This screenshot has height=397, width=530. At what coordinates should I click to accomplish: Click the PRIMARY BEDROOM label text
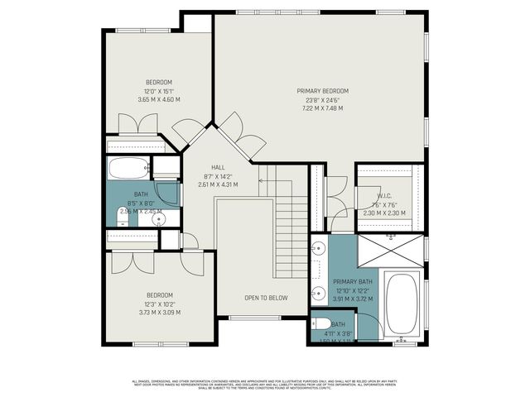click(x=322, y=91)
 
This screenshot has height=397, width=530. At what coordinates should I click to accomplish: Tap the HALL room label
click(x=218, y=167)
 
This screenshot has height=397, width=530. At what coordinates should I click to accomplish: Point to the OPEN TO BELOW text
click(x=265, y=298)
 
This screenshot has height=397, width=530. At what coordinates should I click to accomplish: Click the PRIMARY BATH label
click(x=354, y=282)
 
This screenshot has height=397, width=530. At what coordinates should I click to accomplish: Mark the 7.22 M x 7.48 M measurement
click(x=322, y=108)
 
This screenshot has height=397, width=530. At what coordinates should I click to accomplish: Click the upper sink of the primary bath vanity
click(x=318, y=248)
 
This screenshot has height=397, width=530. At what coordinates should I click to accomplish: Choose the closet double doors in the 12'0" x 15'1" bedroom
click(x=137, y=123)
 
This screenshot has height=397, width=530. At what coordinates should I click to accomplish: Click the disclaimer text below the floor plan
click(x=265, y=384)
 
